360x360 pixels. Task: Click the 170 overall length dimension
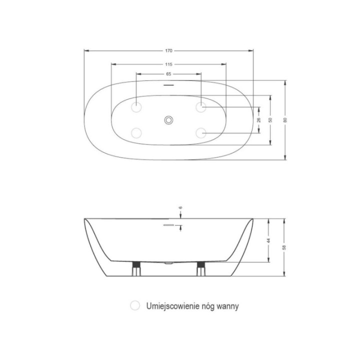pos(169,50)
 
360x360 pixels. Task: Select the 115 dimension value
pos(169,64)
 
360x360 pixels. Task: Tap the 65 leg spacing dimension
pos(169,74)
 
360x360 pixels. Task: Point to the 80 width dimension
pos(285,120)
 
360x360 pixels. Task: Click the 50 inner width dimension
pos(270,120)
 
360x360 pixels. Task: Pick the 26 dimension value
pos(259,120)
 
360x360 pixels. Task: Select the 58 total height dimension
pos(284,247)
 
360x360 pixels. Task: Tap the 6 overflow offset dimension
pos(180,207)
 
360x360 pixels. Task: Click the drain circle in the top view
pos(169,120)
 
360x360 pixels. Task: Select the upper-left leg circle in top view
pos(136,107)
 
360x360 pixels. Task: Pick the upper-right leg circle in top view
pos(201,107)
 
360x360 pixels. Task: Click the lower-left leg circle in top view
pos(136,133)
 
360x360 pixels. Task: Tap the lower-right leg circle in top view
pos(201,133)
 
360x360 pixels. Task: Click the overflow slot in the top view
pos(169,85)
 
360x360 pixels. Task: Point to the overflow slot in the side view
pos(169,225)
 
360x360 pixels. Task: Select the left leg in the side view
pos(136,268)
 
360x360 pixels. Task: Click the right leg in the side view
pos(201,268)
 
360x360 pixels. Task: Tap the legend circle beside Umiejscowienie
pos(135,305)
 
